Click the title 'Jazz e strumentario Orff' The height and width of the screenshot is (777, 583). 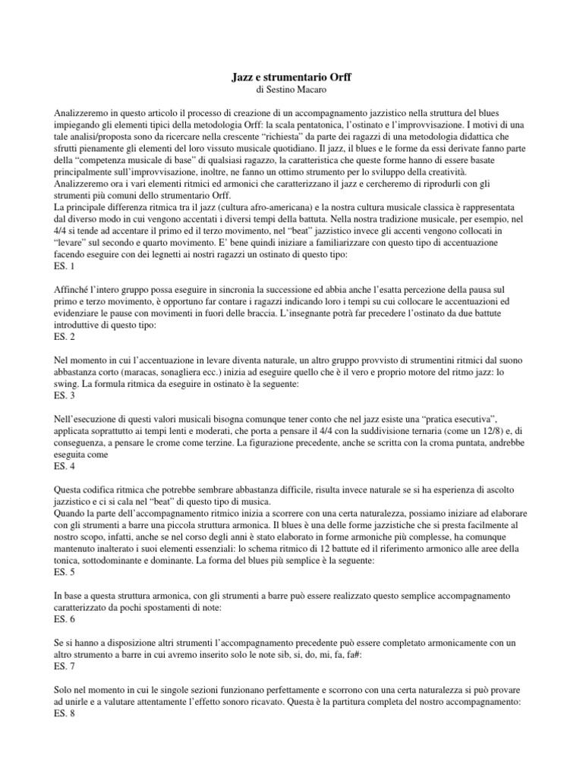(x=291, y=77)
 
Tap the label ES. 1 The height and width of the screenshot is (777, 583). (x=65, y=267)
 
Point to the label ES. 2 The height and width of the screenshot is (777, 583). (x=65, y=336)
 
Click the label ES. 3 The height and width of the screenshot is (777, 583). (x=65, y=395)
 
